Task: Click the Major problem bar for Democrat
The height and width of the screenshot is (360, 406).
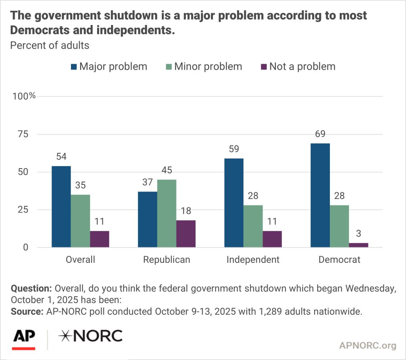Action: pyautogui.click(x=320, y=195)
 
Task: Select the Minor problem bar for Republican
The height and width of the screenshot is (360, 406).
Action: pyautogui.click(x=167, y=214)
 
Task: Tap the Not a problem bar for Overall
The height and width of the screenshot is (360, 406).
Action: pyautogui.click(x=100, y=239)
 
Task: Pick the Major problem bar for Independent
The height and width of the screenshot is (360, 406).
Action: pyautogui.click(x=234, y=203)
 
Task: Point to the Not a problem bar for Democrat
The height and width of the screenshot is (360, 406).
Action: pyautogui.click(x=358, y=245)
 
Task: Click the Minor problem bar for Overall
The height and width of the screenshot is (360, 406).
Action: pyautogui.click(x=80, y=221)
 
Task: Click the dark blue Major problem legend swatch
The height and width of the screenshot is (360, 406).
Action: pyautogui.click(x=74, y=67)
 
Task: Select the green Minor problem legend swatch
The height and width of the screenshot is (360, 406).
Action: pyautogui.click(x=169, y=67)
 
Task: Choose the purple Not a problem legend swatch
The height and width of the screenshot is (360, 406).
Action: pyautogui.click(x=263, y=67)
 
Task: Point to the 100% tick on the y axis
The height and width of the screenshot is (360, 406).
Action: pyautogui.click(x=25, y=96)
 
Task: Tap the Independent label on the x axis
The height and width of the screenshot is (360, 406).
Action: pyautogui.click(x=253, y=260)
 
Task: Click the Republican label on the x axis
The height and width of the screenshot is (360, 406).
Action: pyautogui.click(x=167, y=260)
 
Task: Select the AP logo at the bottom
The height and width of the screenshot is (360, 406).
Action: pyautogui.click(x=24, y=337)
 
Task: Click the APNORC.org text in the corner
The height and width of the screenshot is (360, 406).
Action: pyautogui.click(x=368, y=345)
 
